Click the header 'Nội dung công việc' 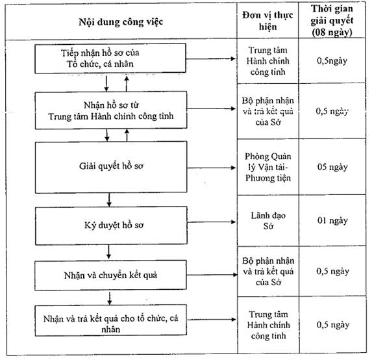(121, 22)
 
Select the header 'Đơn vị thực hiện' (268, 21)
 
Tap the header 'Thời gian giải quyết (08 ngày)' (332, 21)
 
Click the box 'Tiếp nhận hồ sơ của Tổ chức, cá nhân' (110, 58)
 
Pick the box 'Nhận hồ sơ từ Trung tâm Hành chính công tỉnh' (111, 110)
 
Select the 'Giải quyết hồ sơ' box (111, 167)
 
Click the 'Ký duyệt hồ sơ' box (111, 225)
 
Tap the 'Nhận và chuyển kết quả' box (110, 276)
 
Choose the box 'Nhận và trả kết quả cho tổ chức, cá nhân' (110, 320)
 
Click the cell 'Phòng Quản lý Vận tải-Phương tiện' (268, 167)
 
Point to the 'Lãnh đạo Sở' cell (268, 221)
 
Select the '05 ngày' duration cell (332, 167)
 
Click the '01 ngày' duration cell (332, 220)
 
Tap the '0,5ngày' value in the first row (332, 60)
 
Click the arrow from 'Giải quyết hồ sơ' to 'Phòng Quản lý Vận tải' (212, 168)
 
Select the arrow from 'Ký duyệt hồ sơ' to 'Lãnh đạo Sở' (212, 222)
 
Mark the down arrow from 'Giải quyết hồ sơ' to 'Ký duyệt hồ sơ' (109, 199)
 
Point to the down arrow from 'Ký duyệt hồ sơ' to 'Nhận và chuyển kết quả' (108, 252)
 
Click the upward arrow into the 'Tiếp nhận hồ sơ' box (127, 84)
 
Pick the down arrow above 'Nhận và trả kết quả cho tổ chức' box (110, 298)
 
